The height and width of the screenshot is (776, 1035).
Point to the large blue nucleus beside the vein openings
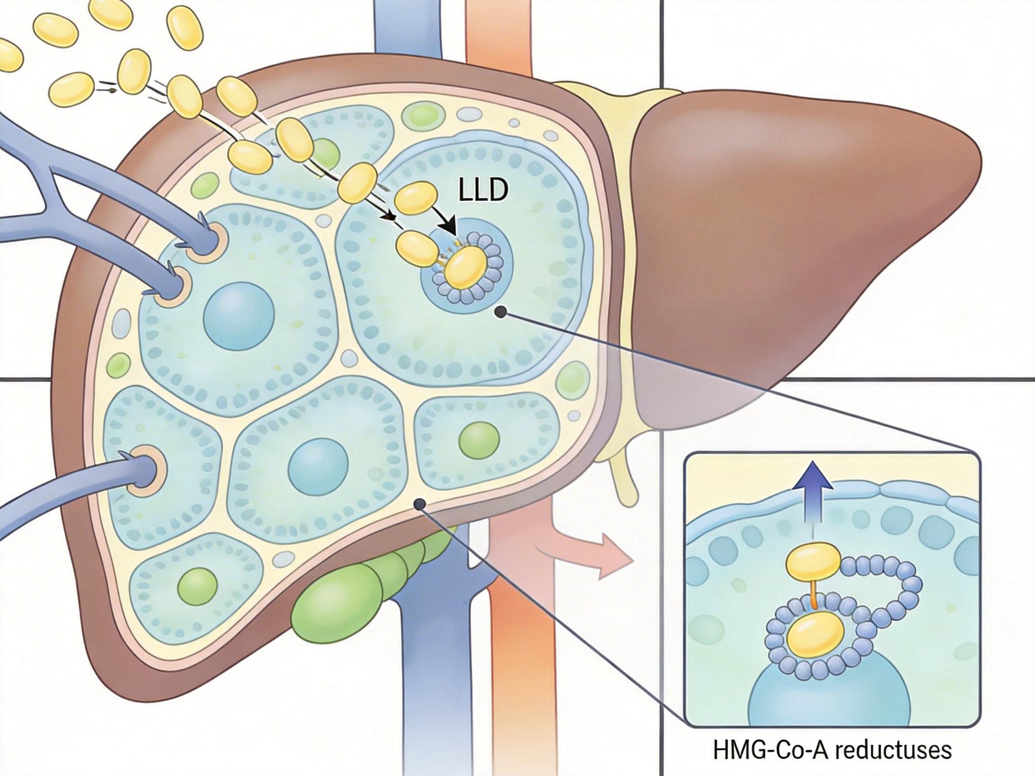(239, 316)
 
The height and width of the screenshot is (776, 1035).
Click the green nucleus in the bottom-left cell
(199, 586)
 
